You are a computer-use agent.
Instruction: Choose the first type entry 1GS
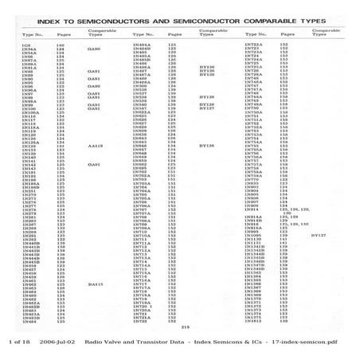(26, 45)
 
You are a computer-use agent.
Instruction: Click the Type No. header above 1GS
(33, 35)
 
